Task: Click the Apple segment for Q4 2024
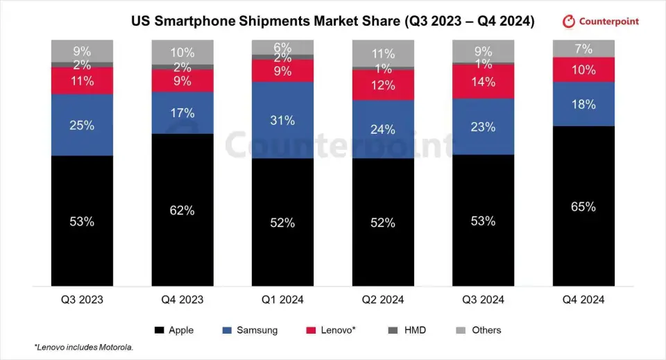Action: pyautogui.click(x=583, y=206)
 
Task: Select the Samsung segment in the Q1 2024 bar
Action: pyautogui.click(x=282, y=120)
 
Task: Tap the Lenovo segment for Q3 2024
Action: pyautogui.click(x=483, y=82)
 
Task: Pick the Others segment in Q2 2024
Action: pyautogui.click(x=383, y=53)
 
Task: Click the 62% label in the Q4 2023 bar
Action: pyautogui.click(x=182, y=209)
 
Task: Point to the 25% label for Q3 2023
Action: pyautogui.click(x=82, y=125)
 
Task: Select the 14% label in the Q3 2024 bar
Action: pyautogui.click(x=483, y=82)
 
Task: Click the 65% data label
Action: pyautogui.click(x=583, y=206)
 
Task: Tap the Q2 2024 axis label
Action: pyautogui.click(x=383, y=300)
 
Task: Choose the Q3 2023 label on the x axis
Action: pyautogui.click(x=82, y=300)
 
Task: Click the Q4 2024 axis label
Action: pyautogui.click(x=583, y=300)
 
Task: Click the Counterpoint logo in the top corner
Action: pyautogui.click(x=601, y=22)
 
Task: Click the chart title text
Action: pyautogui.click(x=333, y=22)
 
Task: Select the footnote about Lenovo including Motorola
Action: pyautogui.click(x=84, y=347)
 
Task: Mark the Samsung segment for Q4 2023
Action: pyautogui.click(x=182, y=112)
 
